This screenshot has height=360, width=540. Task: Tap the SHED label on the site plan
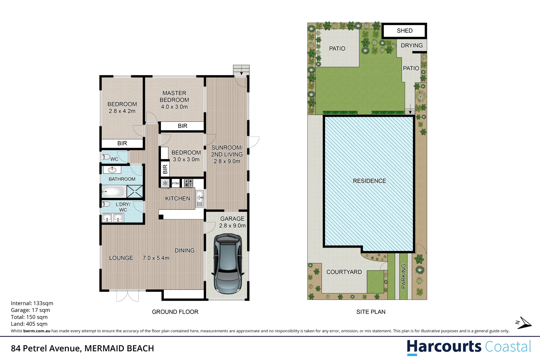tap(405, 31)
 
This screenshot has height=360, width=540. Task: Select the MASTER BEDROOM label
tap(174, 96)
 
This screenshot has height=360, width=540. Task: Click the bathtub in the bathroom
tap(113, 191)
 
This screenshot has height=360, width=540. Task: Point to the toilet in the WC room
tap(106, 157)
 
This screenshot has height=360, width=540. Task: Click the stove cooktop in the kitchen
tap(189, 183)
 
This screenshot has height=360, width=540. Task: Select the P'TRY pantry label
tap(175, 183)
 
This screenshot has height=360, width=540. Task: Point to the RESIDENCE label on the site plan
tap(369, 181)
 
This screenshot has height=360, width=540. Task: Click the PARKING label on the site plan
tap(404, 276)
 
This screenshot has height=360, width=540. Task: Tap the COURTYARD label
tap(344, 272)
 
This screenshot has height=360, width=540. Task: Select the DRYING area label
tap(412, 45)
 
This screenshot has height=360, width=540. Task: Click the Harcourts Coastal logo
tap(469, 347)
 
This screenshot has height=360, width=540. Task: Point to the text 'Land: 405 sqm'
tap(29, 324)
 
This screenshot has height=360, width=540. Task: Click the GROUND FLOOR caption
tap(175, 312)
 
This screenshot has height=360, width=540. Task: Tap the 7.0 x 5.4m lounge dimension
tap(156, 258)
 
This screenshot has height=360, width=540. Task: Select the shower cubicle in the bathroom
tap(135, 191)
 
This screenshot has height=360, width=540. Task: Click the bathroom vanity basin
tap(112, 170)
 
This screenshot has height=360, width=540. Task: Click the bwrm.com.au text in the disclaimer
tap(37, 331)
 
